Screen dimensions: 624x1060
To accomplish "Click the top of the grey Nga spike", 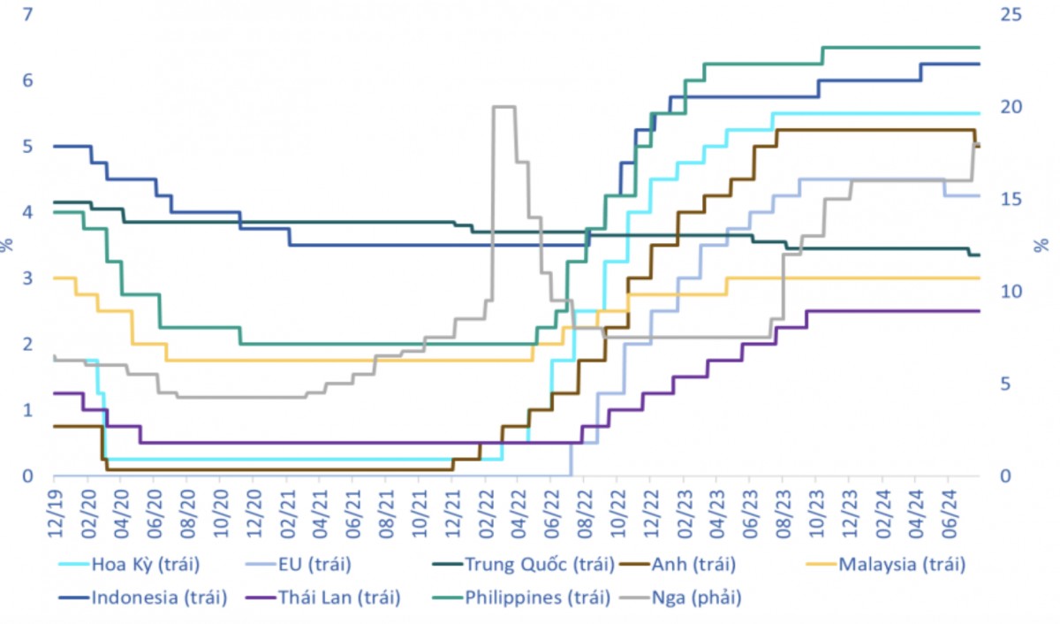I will tap(503, 107).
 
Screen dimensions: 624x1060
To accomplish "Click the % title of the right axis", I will tap(1042, 244).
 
